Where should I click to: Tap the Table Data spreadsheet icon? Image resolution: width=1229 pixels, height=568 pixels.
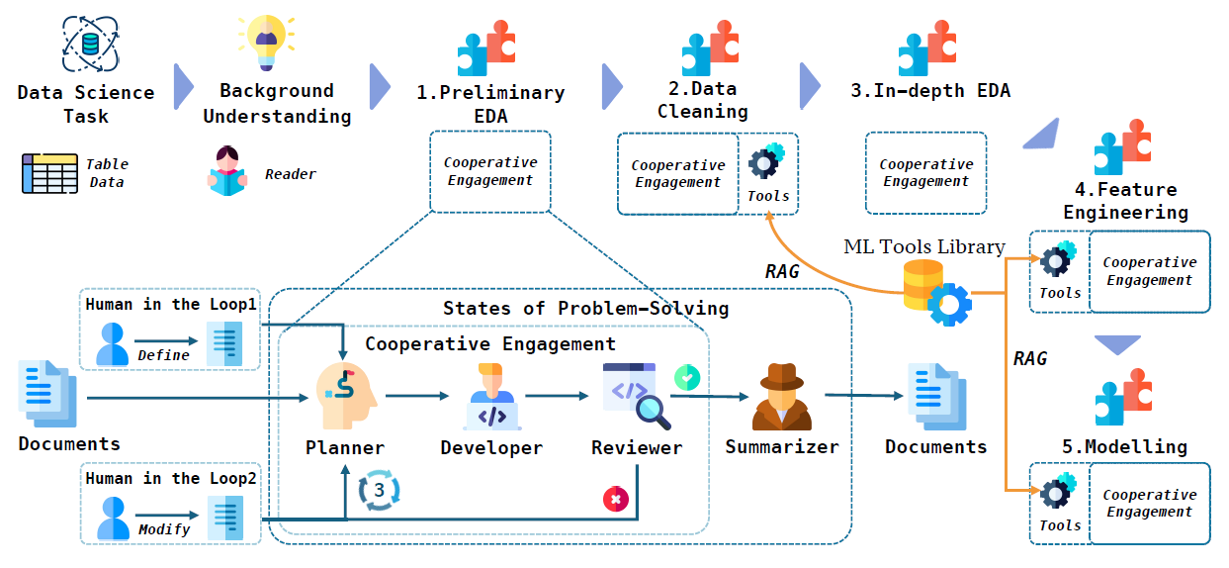49,173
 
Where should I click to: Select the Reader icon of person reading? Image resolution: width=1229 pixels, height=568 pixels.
227,170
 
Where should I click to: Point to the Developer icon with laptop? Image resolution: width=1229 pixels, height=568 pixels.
491,397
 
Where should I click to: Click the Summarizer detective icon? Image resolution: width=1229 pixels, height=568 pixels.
782,397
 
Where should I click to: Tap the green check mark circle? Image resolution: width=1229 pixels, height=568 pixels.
686,377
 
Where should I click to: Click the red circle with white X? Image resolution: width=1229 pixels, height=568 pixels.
616,500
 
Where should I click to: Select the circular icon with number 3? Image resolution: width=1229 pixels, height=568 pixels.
378,491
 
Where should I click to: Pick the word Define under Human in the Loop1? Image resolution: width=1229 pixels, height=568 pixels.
163,354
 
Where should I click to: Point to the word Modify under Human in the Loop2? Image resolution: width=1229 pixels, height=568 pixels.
164,528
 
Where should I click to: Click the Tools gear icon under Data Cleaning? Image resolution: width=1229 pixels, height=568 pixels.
766,163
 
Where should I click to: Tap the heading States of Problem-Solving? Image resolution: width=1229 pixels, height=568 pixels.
585,308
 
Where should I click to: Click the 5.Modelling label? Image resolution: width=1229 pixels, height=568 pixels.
1124,446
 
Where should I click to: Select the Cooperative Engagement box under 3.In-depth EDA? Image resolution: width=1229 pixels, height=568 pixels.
925,173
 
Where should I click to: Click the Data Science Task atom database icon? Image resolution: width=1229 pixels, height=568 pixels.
91,43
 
